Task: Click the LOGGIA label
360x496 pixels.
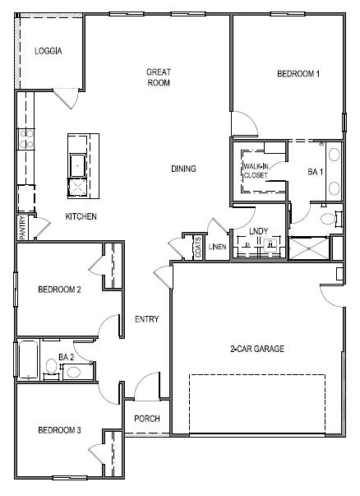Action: coord(48,51)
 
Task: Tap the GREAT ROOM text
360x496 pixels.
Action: coord(158,76)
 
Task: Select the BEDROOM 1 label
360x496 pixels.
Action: coord(298,74)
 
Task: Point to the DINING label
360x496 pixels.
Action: coord(183,169)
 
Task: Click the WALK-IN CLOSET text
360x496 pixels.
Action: coord(255,170)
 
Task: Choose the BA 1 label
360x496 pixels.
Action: coord(315,172)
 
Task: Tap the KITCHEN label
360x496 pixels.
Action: coord(81,216)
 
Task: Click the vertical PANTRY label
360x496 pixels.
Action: coord(22,227)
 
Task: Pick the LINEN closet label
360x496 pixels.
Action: coord(218,246)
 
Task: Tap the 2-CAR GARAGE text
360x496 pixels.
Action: coord(256,349)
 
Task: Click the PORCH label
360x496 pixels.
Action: coord(146,418)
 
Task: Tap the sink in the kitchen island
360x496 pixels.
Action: coord(79,163)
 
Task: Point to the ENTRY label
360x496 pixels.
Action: coord(146,319)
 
